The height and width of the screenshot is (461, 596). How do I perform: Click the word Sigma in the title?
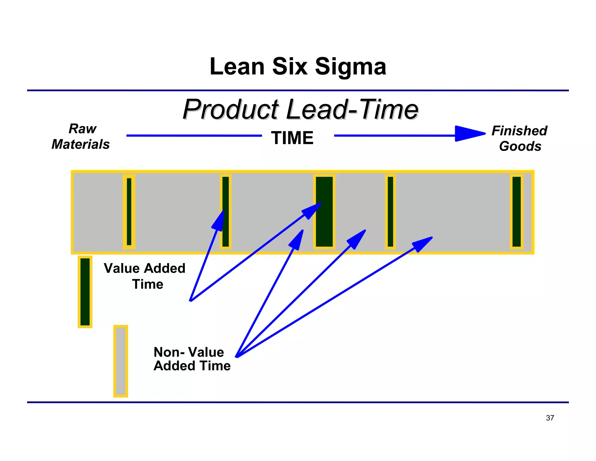[350, 67]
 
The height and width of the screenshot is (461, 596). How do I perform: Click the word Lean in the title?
[237, 66]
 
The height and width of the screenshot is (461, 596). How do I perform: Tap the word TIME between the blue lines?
[292, 138]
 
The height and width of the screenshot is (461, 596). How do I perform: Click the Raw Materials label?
[81, 136]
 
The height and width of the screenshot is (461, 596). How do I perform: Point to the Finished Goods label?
[520, 138]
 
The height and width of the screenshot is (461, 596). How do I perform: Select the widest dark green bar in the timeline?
[324, 212]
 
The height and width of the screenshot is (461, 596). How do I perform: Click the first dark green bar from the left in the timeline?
[129, 212]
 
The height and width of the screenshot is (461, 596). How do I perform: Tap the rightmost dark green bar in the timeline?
[517, 212]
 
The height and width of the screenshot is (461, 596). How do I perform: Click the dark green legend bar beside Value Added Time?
[85, 292]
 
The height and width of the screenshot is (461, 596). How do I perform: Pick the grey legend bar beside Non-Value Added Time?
[120, 361]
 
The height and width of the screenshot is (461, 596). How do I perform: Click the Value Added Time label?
[145, 276]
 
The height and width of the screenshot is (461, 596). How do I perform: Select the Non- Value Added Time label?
[192, 359]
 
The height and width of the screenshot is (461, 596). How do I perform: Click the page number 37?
[550, 418]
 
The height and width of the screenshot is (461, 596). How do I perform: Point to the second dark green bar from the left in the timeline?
[226, 212]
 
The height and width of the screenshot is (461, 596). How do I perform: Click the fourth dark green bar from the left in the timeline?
[390, 212]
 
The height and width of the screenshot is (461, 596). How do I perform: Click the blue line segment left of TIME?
[194, 136]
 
